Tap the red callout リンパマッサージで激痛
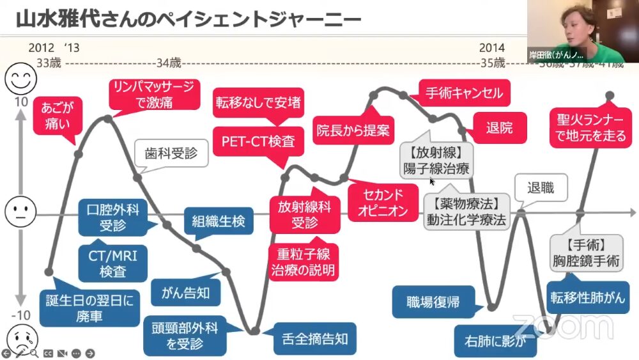click(153, 94)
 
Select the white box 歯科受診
click(171, 153)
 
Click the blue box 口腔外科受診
click(114, 217)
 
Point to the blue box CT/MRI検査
click(112, 263)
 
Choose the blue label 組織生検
click(218, 222)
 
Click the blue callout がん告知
click(181, 293)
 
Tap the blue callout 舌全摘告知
click(309, 339)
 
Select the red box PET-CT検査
click(258, 141)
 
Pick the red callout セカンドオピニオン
click(381, 202)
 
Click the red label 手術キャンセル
click(465, 93)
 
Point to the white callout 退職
click(540, 188)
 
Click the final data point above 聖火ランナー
click(610, 96)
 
